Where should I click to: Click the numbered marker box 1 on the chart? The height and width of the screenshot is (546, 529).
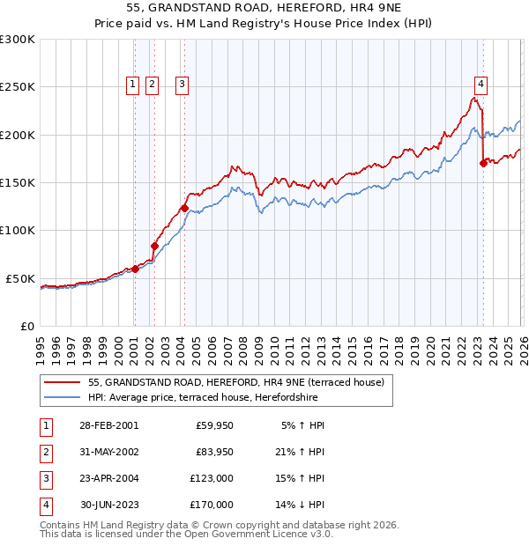click(x=132, y=85)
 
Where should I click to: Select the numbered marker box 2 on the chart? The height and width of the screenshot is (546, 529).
click(x=152, y=85)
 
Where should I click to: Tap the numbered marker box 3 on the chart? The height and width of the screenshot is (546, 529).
click(x=182, y=85)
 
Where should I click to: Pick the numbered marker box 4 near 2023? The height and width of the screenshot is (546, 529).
click(x=481, y=85)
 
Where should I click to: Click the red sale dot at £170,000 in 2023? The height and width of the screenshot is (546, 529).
click(x=483, y=163)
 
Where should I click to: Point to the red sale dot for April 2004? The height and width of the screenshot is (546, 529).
click(x=184, y=209)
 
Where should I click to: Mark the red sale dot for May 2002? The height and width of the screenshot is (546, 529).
click(x=154, y=246)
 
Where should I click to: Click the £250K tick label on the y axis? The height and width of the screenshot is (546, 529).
click(x=18, y=87)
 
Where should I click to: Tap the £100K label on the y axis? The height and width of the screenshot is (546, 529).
click(x=18, y=230)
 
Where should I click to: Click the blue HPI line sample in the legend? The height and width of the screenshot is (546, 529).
click(x=62, y=397)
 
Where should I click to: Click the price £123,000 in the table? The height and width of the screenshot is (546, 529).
click(x=212, y=479)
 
